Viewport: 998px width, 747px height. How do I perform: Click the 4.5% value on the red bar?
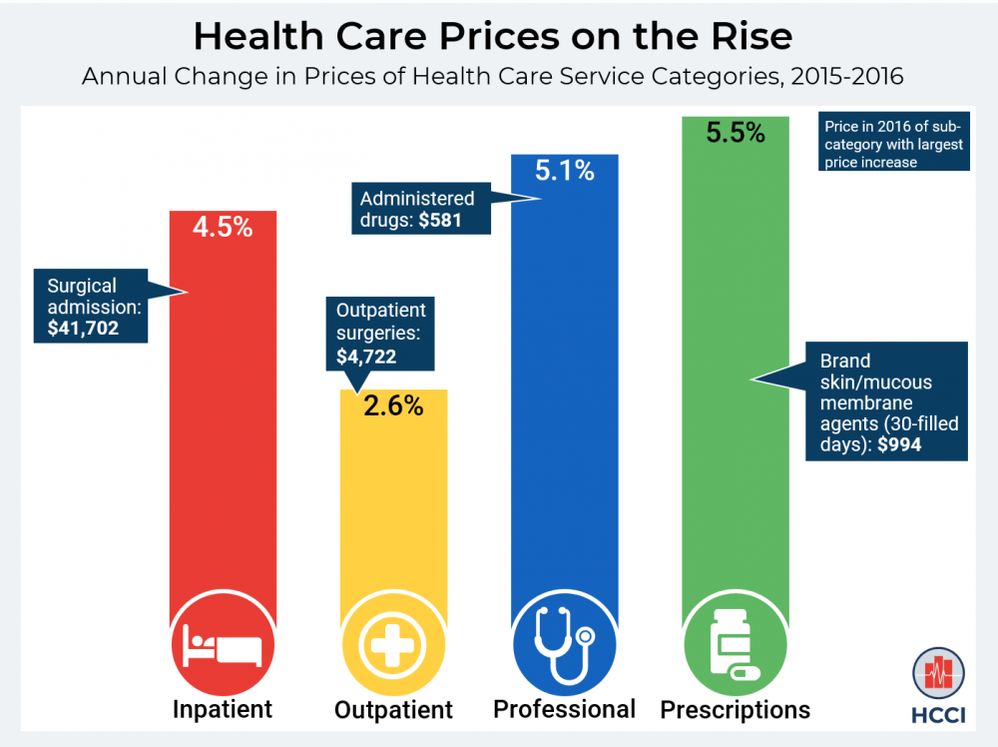point(223,227)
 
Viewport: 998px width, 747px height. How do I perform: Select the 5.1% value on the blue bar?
point(564,171)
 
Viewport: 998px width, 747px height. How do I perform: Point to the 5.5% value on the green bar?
point(736,132)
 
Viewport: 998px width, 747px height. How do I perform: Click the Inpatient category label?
point(223,710)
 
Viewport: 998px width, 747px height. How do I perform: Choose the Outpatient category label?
point(393,710)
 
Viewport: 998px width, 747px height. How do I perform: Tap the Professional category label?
point(564,709)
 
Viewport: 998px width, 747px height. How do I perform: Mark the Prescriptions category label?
point(736,710)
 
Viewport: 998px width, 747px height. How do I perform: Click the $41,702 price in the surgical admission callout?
point(76,327)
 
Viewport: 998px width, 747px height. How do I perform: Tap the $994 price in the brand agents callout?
point(898,445)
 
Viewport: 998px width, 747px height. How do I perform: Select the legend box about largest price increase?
point(893,144)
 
